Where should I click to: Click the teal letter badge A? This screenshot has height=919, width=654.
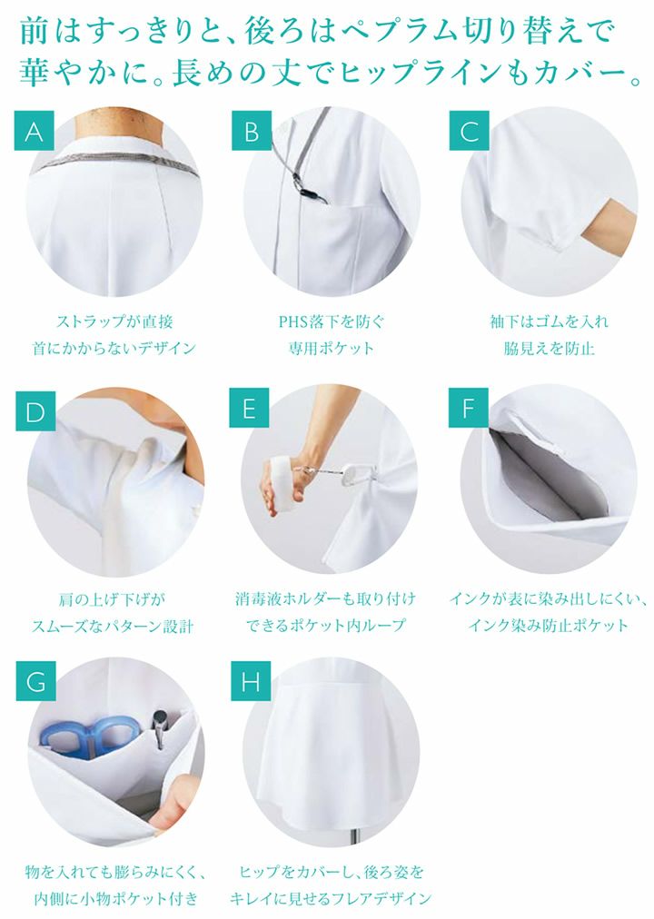(x=34, y=131)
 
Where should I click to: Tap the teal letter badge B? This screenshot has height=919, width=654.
(x=252, y=131)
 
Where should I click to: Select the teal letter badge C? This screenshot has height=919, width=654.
(x=469, y=131)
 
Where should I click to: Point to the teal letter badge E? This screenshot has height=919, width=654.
(x=249, y=408)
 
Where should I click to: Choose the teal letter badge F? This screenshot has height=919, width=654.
(x=468, y=408)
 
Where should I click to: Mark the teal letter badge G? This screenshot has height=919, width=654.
(x=35, y=681)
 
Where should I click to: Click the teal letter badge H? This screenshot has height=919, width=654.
(x=250, y=681)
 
